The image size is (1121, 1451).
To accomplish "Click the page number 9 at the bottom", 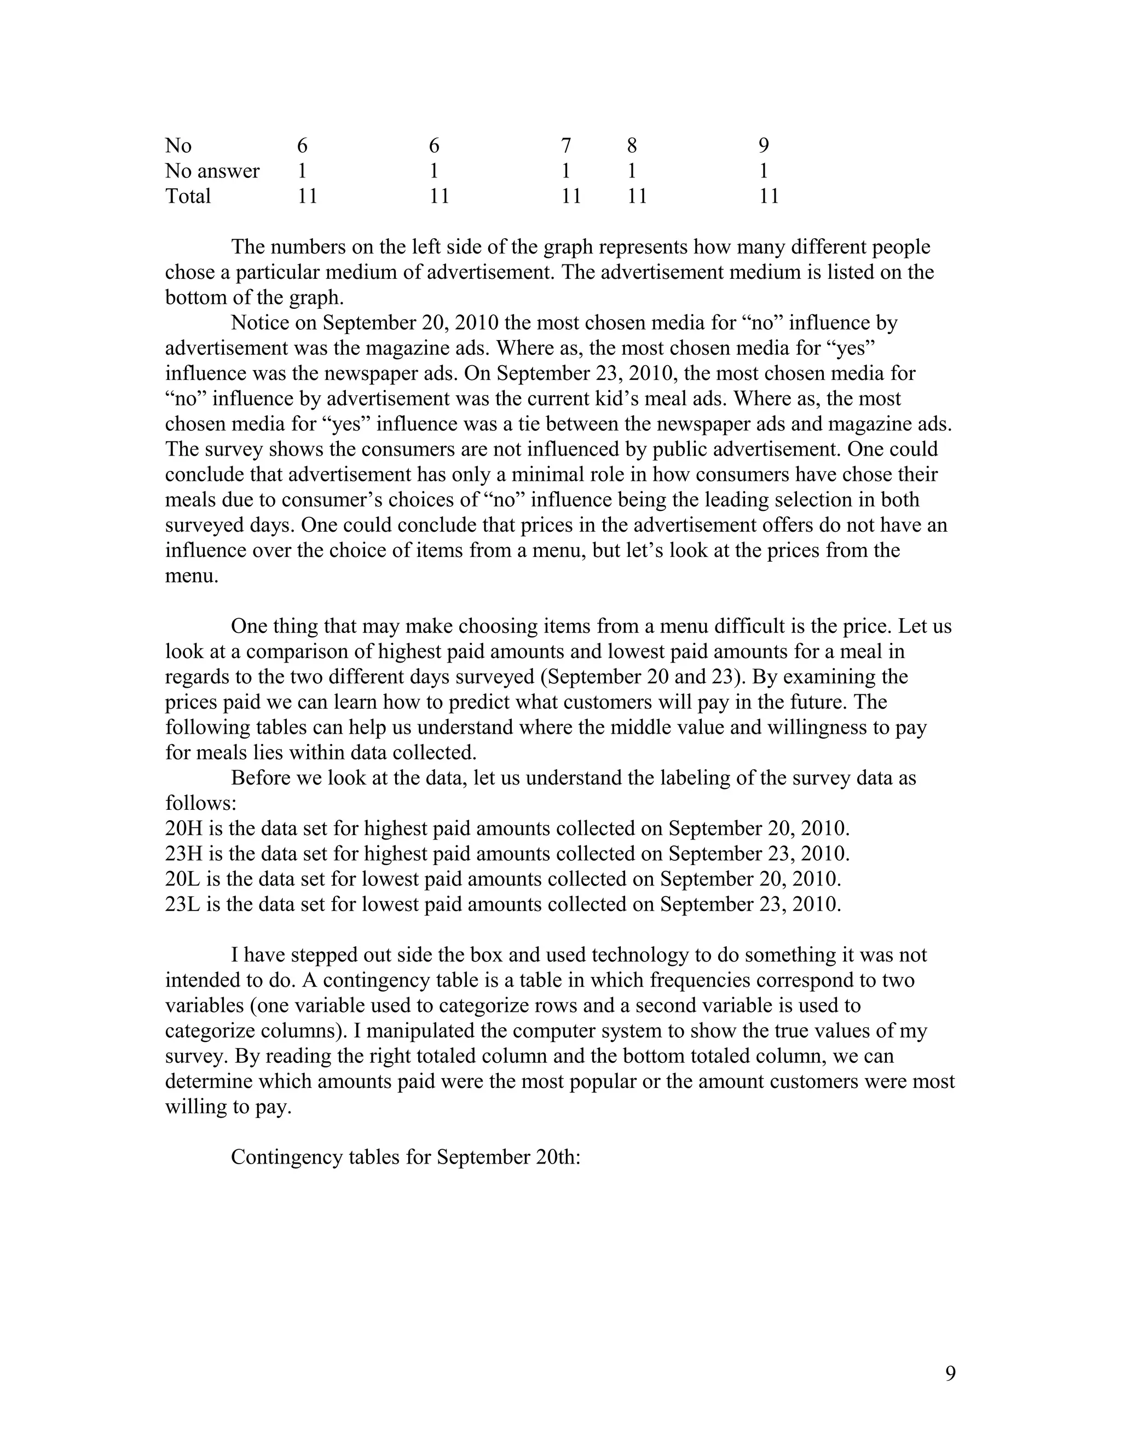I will (x=950, y=1373).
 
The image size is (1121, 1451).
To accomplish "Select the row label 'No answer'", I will (x=212, y=171).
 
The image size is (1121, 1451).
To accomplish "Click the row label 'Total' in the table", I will (x=188, y=196).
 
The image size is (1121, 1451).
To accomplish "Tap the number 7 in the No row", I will (x=566, y=146).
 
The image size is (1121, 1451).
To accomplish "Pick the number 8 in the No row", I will (x=632, y=146).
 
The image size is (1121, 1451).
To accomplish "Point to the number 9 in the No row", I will (x=764, y=146).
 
